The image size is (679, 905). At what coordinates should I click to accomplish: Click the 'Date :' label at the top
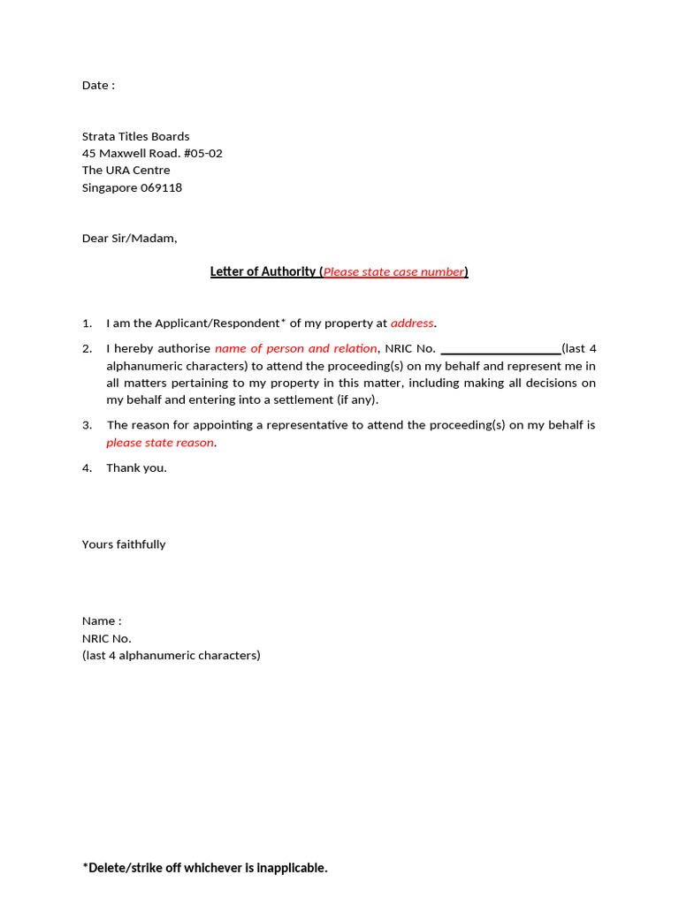click(x=98, y=86)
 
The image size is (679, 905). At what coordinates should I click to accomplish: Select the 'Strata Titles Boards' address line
click(x=135, y=136)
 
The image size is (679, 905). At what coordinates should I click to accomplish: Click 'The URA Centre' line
click(x=126, y=171)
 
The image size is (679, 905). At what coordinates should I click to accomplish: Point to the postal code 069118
click(x=161, y=187)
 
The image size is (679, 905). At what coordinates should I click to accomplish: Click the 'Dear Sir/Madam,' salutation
click(x=129, y=239)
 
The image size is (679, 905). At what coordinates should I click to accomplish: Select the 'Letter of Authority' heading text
click(x=263, y=272)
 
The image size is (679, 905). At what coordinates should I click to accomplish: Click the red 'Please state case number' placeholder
click(x=393, y=272)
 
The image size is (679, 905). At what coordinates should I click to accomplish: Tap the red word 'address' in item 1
click(x=412, y=323)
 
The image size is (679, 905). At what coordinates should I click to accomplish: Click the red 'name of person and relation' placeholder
click(x=295, y=349)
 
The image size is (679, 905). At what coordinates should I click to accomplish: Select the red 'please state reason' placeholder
click(x=160, y=443)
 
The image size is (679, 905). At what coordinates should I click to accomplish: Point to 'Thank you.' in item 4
click(x=136, y=468)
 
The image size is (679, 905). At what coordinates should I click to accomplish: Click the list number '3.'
click(x=88, y=425)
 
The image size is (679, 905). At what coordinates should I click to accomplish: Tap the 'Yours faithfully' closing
click(x=124, y=544)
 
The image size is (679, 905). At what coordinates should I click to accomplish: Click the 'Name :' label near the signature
click(x=102, y=621)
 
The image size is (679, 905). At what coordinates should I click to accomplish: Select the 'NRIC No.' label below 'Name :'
click(x=106, y=638)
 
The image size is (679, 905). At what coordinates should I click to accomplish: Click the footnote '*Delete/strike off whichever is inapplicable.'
click(x=205, y=868)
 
